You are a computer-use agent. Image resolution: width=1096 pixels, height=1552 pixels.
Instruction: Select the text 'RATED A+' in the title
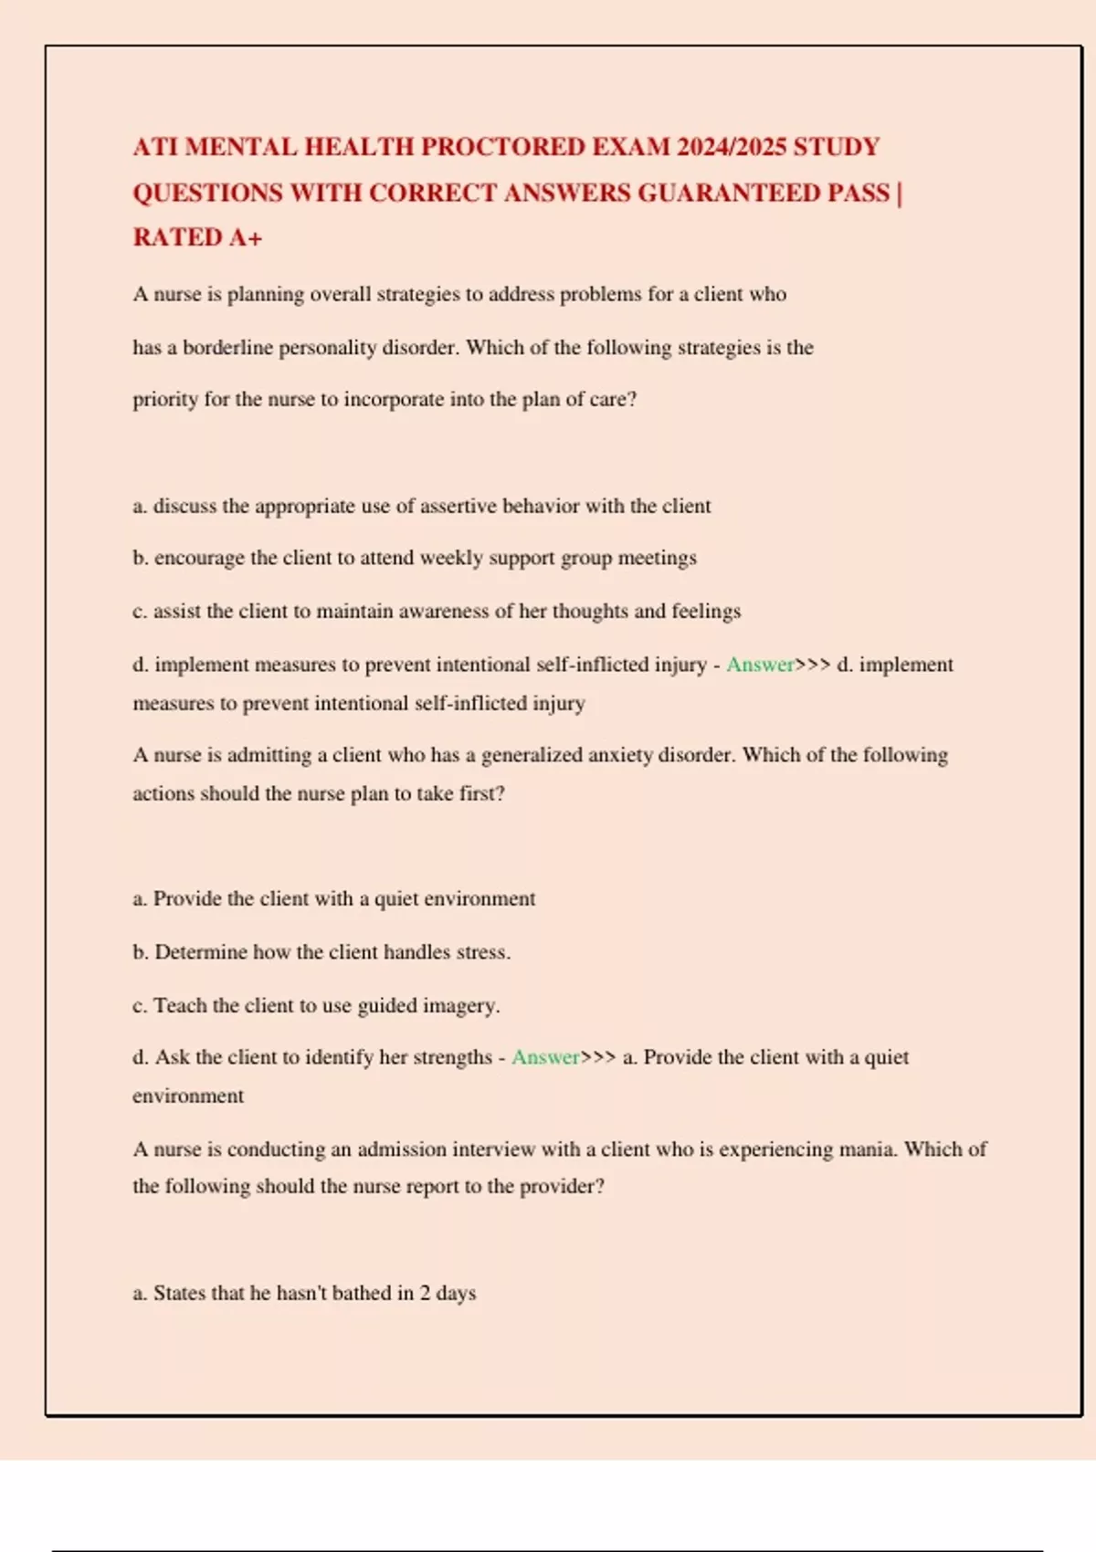pyautogui.click(x=197, y=238)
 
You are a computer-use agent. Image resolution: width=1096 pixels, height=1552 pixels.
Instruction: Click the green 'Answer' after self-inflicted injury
pyautogui.click(x=760, y=665)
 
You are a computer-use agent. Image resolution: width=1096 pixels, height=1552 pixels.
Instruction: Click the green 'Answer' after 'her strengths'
pyautogui.click(x=545, y=1057)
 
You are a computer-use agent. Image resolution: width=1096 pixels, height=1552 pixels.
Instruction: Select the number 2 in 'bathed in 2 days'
pyautogui.click(x=425, y=1294)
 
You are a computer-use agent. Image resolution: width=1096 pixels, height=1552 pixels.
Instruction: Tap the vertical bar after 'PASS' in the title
pyautogui.click(x=900, y=194)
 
